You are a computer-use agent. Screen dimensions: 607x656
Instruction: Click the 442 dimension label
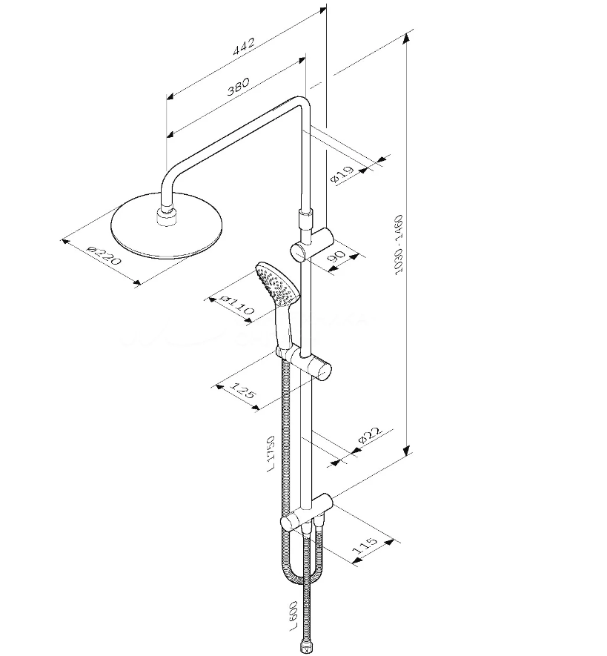point(244,46)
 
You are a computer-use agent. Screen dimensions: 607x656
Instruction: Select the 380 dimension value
point(238,86)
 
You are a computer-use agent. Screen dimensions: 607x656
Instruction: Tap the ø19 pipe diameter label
point(342,174)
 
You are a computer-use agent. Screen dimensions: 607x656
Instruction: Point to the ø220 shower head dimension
point(104,255)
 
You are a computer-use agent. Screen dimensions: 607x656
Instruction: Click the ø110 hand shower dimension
point(237,305)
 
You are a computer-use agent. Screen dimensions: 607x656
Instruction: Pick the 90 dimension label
point(336,256)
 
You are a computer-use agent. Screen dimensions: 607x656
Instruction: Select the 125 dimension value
point(242,391)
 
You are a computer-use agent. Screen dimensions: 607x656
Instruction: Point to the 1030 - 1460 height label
point(399,245)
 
